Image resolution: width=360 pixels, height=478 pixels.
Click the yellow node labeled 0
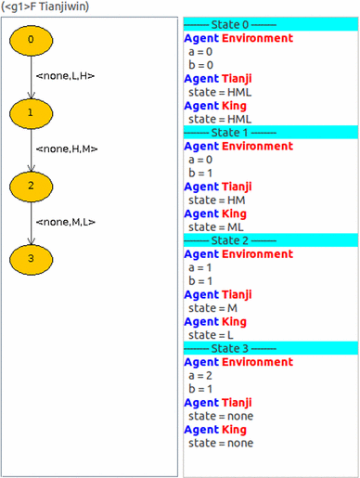tap(31, 40)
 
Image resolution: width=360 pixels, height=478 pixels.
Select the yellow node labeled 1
tap(31, 112)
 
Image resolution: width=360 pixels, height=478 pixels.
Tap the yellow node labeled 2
tap(31, 186)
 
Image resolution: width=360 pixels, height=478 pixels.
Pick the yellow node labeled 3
tap(31, 258)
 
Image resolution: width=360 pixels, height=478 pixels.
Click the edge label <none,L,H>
tap(65, 75)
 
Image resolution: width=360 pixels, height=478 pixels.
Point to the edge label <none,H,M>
tap(66, 149)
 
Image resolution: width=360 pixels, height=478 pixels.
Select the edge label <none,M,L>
tap(65, 222)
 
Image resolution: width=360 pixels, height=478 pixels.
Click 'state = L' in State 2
tap(211, 334)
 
